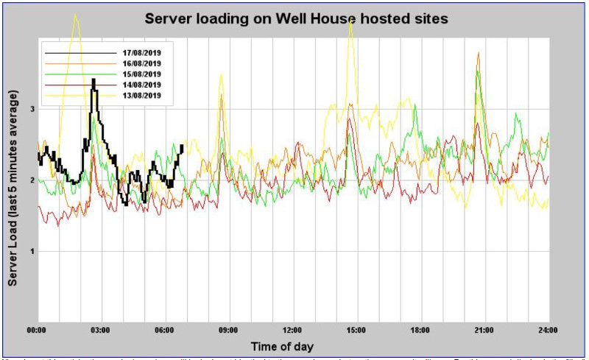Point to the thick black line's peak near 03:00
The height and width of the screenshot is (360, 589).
click(94, 80)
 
